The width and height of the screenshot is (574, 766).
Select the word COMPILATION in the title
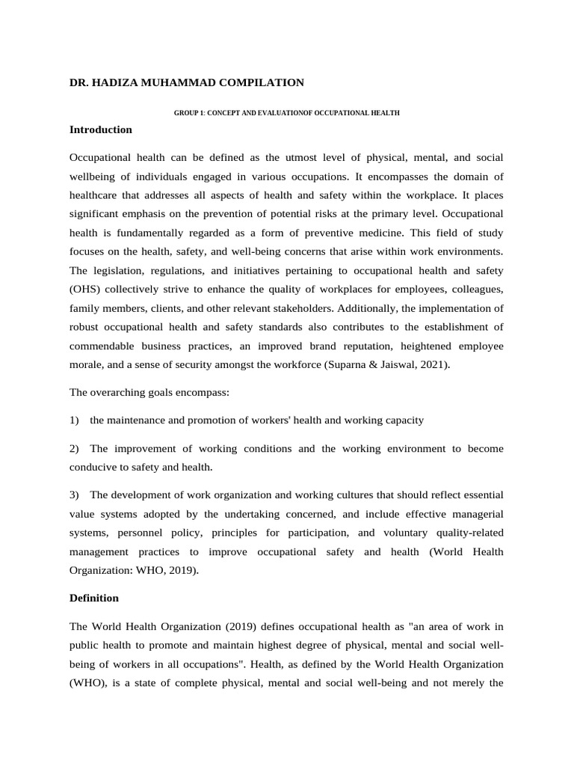pyautogui.click(x=261, y=82)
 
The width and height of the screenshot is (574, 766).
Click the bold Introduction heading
pyautogui.click(x=100, y=129)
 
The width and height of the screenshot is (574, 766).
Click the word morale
pyautogui.click(x=85, y=364)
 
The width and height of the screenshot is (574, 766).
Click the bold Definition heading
pyautogui.click(x=93, y=598)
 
